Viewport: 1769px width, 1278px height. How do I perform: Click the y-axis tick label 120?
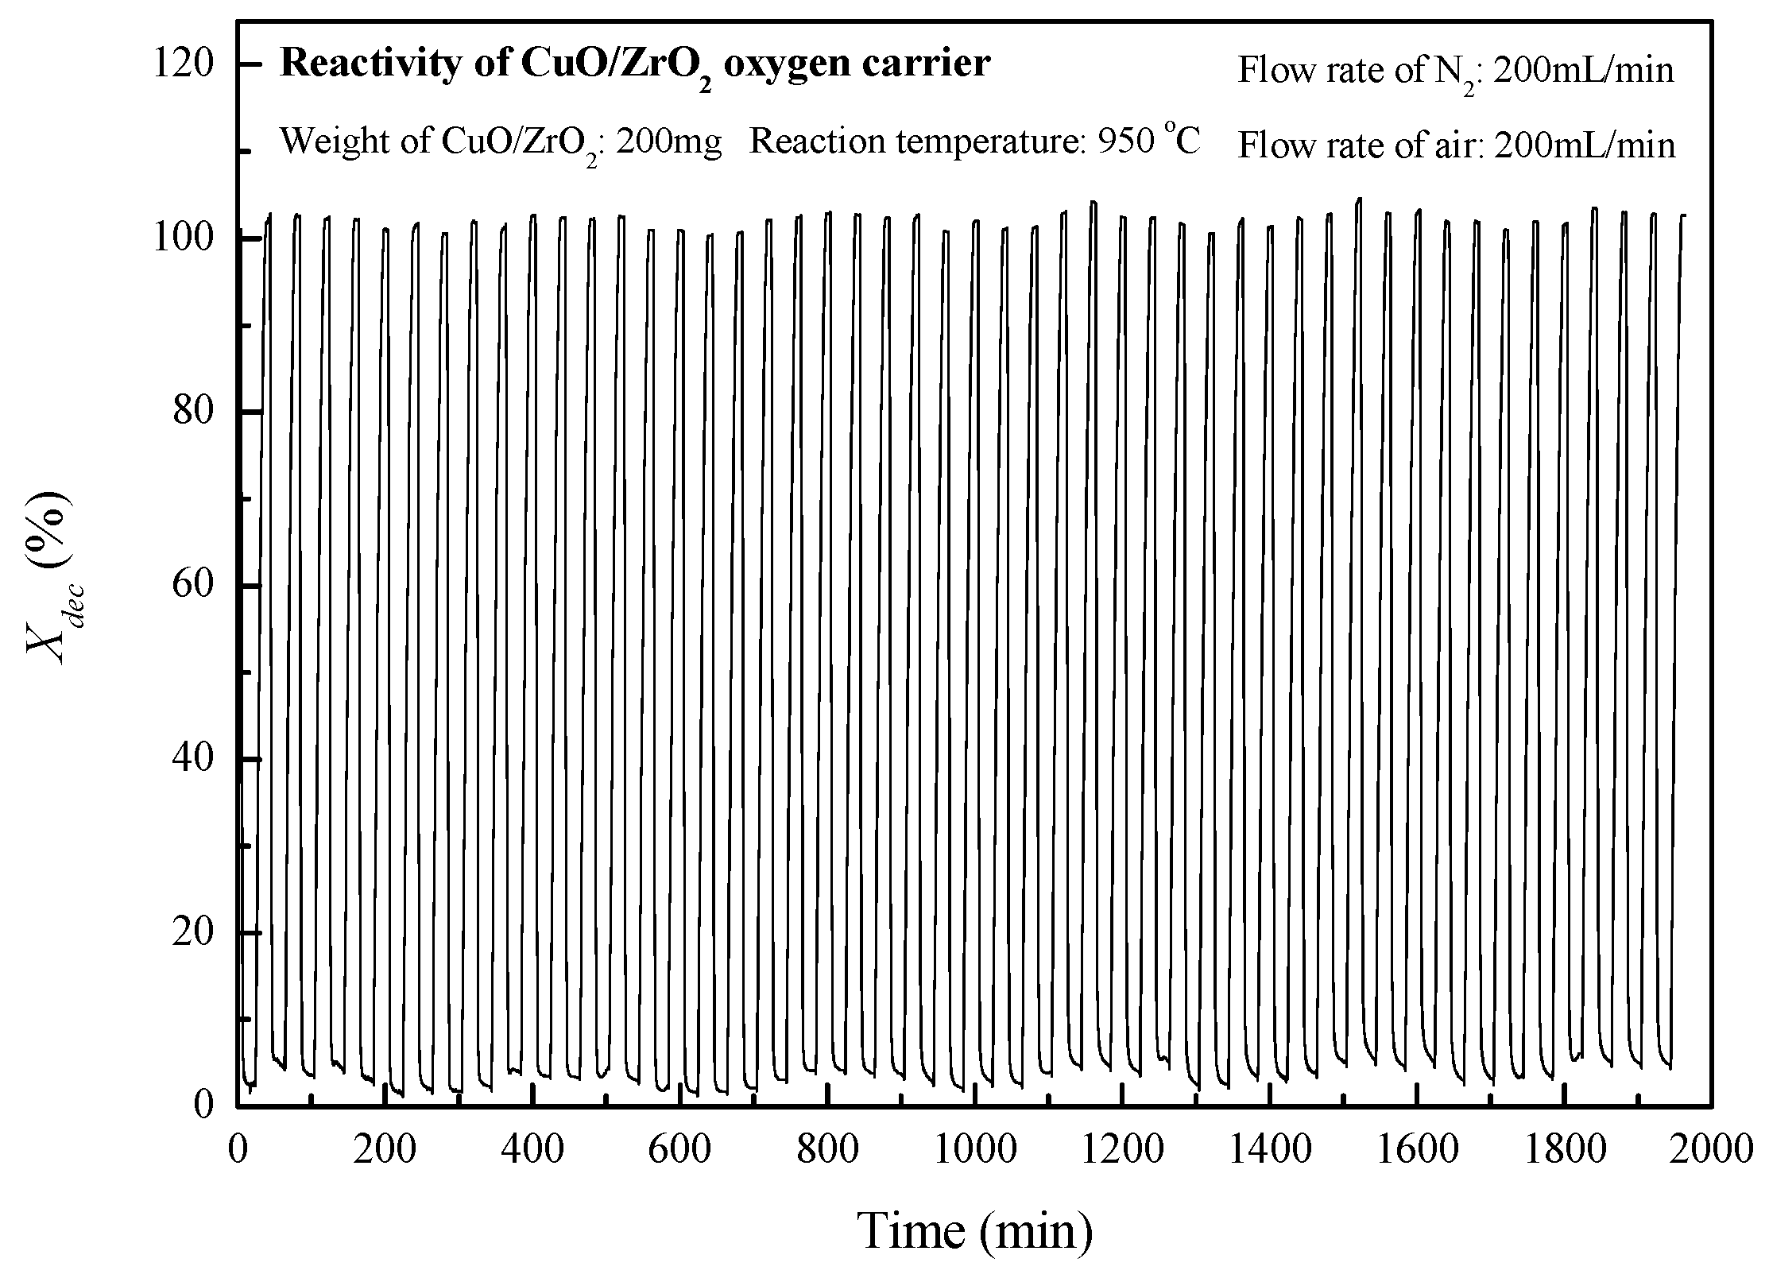[x=184, y=64]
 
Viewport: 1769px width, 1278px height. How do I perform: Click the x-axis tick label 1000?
[x=974, y=1150]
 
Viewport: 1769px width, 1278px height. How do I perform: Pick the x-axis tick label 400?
[x=532, y=1150]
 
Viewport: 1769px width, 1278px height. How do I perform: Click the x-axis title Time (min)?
[x=976, y=1231]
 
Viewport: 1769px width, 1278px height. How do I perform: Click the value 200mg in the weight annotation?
[x=668, y=142]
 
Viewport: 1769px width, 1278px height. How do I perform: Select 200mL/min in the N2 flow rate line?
[x=1583, y=71]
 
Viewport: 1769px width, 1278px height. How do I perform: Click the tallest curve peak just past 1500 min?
[x=1359, y=200]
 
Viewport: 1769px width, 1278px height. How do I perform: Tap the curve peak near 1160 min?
[x=1094, y=203]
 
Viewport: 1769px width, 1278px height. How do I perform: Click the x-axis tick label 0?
[x=238, y=1150]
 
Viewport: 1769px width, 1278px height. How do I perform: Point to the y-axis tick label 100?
[x=184, y=238]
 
